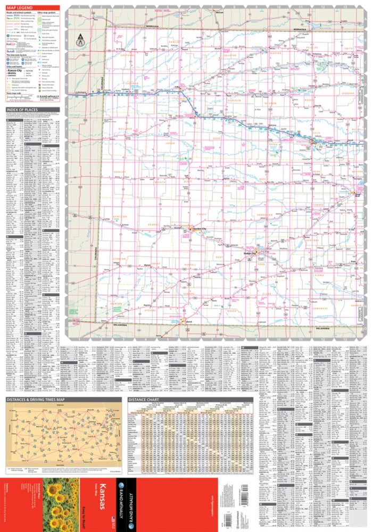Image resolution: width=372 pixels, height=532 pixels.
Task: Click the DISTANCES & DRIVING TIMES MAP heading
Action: click(35, 399)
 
